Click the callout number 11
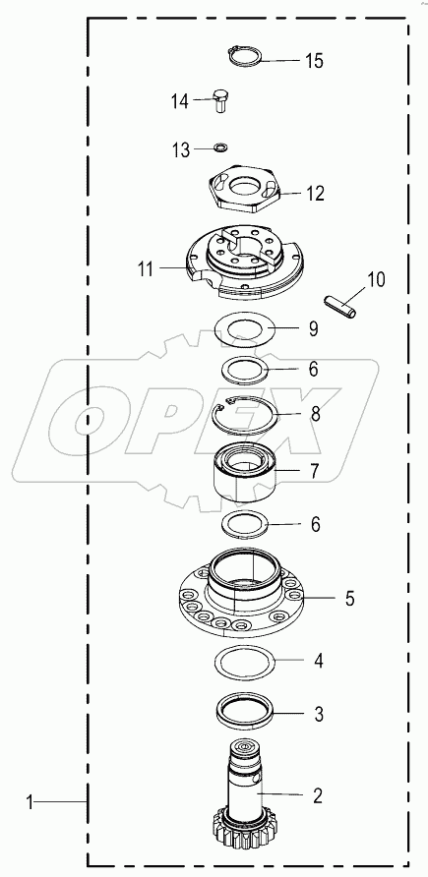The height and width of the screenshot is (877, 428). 145,267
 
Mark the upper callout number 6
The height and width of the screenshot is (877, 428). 313,369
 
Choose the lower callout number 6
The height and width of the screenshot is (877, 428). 315,525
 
